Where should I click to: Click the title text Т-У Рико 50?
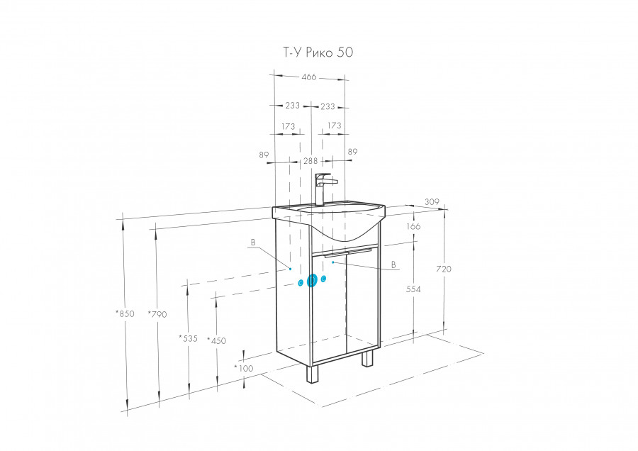(x=318, y=52)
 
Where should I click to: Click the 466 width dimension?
(x=309, y=77)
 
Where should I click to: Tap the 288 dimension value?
(x=310, y=161)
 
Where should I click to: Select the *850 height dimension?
(x=125, y=313)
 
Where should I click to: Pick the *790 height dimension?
(x=157, y=314)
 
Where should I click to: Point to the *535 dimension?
(x=188, y=338)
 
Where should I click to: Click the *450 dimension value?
(x=216, y=340)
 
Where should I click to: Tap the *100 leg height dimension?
(x=244, y=368)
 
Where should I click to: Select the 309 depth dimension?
(x=432, y=201)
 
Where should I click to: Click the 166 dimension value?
(x=413, y=226)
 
